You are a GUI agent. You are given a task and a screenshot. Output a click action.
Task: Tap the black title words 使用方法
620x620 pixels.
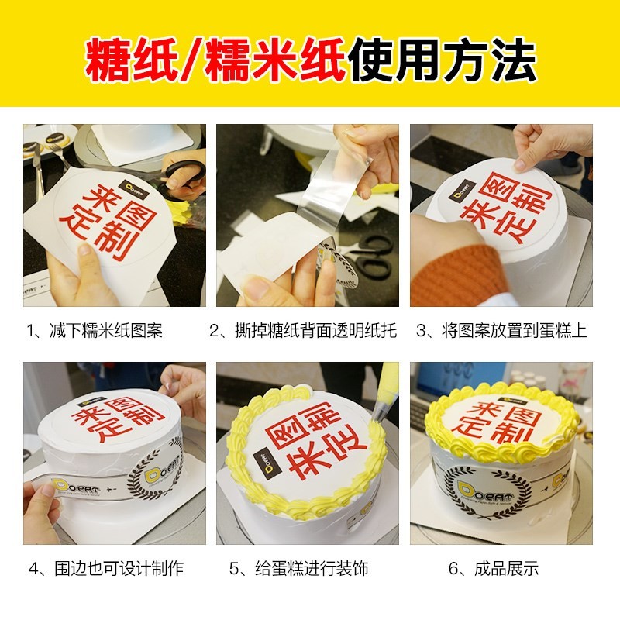442,57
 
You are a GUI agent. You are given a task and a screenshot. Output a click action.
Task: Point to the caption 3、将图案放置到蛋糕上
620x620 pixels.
501,331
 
